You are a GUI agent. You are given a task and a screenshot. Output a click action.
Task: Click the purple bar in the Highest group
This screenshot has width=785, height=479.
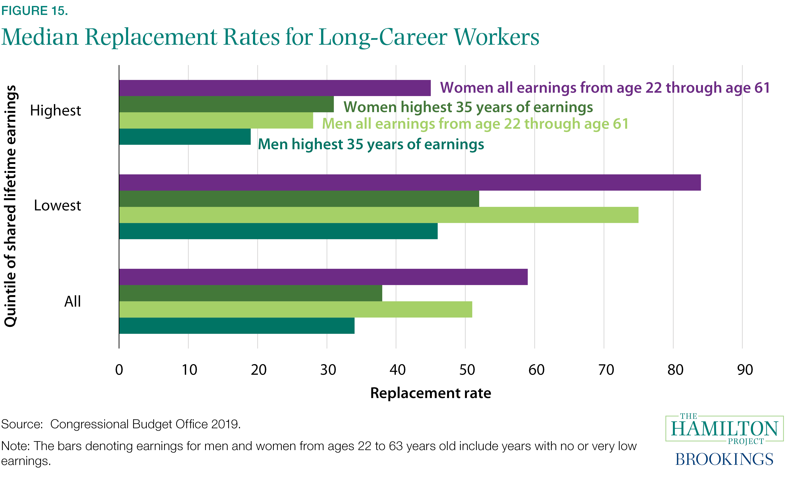point(275,88)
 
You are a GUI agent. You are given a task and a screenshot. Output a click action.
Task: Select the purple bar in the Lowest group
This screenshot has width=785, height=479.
point(410,183)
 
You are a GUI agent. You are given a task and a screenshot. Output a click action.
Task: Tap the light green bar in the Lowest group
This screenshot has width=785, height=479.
point(379,215)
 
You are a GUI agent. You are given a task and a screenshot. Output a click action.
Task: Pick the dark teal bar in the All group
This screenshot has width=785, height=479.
point(236,326)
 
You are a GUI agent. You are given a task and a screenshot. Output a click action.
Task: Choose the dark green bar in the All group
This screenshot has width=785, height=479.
point(250,293)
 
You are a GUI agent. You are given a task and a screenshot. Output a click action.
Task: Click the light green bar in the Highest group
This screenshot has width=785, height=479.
point(216,120)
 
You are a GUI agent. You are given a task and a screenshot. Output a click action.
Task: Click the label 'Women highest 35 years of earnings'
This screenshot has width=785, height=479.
point(468,107)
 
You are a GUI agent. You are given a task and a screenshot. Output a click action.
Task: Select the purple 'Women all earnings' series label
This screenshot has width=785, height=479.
point(605,88)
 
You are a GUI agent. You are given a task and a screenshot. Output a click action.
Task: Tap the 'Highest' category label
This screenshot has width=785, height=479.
point(55,111)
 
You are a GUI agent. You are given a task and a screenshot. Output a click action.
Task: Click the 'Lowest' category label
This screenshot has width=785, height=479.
point(57,206)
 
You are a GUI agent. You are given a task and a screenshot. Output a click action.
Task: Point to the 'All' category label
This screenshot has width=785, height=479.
point(73,301)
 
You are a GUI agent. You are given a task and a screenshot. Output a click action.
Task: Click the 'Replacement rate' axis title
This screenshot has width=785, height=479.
point(430,393)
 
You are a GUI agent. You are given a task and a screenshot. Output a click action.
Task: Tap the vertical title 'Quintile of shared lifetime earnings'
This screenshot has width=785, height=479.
point(10,206)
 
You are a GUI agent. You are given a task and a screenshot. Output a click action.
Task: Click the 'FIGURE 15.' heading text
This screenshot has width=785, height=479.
point(34,11)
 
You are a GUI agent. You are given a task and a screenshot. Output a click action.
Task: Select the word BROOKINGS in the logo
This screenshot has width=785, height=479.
point(724,459)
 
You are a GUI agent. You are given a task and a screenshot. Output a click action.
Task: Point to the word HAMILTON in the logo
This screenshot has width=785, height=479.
point(724,429)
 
